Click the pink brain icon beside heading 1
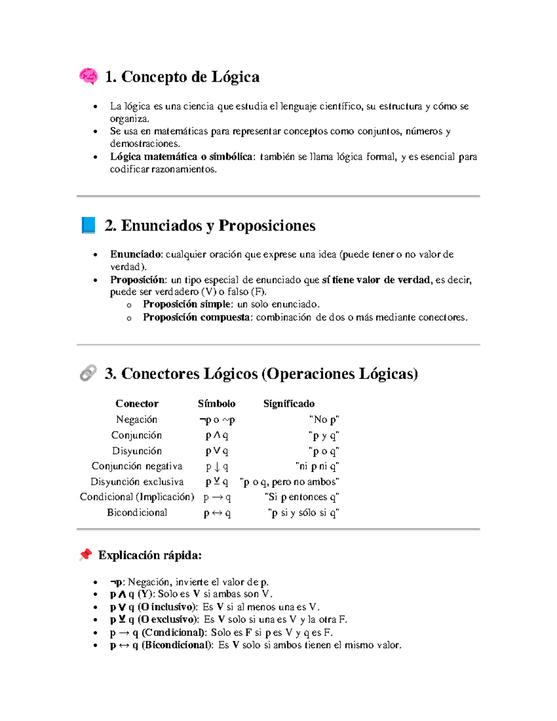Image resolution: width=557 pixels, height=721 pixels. click(x=88, y=76)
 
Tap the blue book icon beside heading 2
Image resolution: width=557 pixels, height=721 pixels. click(x=88, y=225)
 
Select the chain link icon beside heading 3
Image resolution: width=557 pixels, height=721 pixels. click(x=88, y=373)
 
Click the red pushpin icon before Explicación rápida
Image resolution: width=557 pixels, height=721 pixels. click(x=85, y=554)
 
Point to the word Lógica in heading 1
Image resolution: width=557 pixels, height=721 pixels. click(x=235, y=77)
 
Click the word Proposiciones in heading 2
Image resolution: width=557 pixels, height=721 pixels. click(x=266, y=226)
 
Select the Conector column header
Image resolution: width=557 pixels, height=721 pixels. click(x=137, y=403)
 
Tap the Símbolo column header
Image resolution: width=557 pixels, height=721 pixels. click(x=216, y=403)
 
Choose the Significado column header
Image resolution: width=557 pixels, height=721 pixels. click(x=289, y=403)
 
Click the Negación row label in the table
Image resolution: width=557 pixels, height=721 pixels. click(x=136, y=419)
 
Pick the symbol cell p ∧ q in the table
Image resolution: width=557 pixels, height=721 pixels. click(x=217, y=435)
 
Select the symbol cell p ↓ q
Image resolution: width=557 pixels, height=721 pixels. click(x=217, y=466)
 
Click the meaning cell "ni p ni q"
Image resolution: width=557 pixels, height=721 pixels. click(x=317, y=466)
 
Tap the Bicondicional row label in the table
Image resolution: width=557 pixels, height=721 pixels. click(x=137, y=513)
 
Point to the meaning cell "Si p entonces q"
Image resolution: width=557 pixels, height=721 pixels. click(x=302, y=497)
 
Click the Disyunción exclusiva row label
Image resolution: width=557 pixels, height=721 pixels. click(x=137, y=481)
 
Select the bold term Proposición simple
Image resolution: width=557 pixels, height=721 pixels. click(x=187, y=304)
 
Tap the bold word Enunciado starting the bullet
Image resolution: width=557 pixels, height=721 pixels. click(x=136, y=254)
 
